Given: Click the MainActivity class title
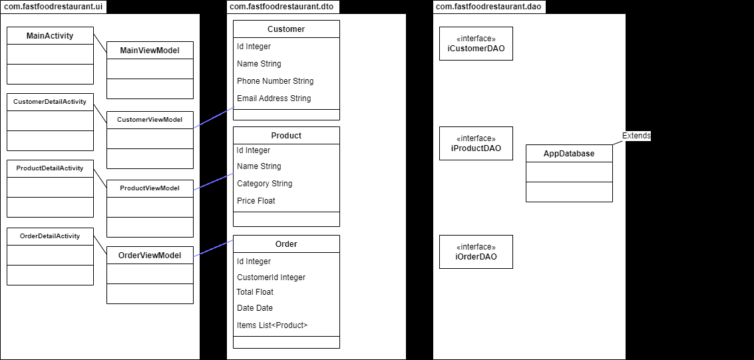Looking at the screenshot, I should tap(50, 36).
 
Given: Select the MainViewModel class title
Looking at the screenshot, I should tap(150, 51).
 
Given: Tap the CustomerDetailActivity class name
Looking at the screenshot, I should tap(50, 102).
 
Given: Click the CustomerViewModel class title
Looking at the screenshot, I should tap(150, 120).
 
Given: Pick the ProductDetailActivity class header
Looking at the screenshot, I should tap(50, 168).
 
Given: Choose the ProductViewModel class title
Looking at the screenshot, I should tap(150, 188).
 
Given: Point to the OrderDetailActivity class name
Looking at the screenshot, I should tap(50, 236).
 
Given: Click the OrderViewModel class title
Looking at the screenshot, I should tap(150, 256).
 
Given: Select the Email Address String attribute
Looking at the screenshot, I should tap(274, 98).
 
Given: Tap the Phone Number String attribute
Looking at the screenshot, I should tap(275, 81).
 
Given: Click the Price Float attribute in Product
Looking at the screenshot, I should tap(256, 201).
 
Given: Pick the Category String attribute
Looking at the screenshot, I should tap(264, 184).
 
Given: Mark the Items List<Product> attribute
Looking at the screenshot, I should tap(272, 325).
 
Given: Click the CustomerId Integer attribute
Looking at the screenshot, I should tap(271, 277).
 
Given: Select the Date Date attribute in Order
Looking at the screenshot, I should tap(255, 308).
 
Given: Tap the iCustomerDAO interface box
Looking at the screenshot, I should tap(476, 43).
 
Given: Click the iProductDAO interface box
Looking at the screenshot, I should tap(476, 143).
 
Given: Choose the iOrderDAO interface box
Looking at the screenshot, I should tap(476, 252).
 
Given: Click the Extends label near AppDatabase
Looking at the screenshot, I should tap(636, 136).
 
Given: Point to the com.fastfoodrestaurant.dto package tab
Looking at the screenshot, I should tap(282, 7).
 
